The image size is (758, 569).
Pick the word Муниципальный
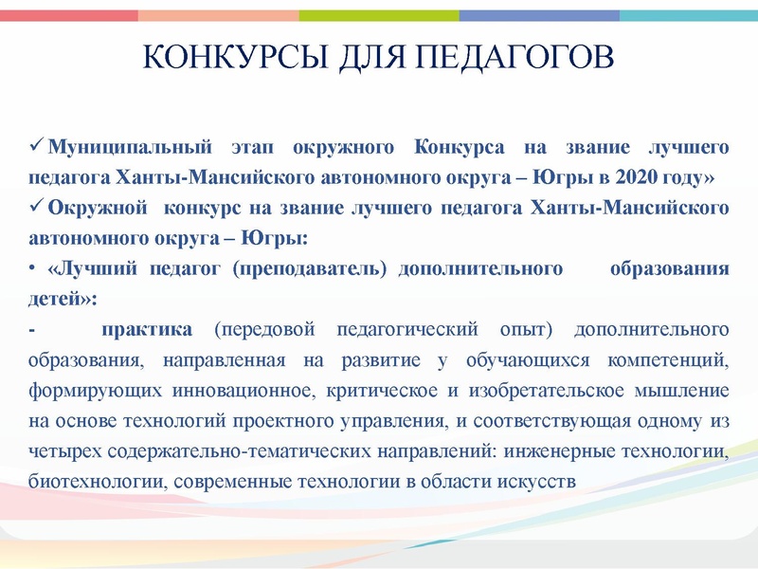(x=127, y=148)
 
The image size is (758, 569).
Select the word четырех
(x=63, y=450)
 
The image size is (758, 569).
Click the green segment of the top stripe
(x=379, y=15)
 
